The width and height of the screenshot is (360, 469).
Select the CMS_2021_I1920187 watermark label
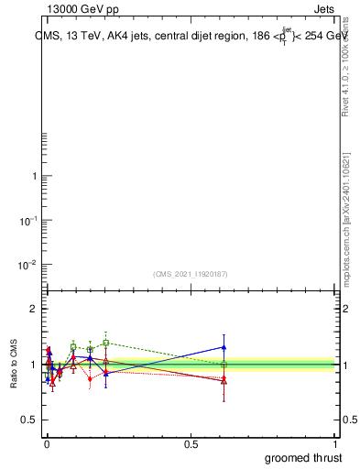(x=190, y=274)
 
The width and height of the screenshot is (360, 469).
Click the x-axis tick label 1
(x=337, y=444)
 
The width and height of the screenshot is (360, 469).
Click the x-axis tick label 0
(x=48, y=444)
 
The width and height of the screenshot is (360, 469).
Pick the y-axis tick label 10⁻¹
(x=29, y=221)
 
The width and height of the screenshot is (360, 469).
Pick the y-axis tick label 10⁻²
(x=29, y=265)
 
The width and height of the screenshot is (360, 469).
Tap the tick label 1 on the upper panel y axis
(x=34, y=177)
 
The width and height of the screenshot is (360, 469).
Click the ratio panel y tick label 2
(x=34, y=309)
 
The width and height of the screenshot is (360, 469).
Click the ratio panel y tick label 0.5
(x=29, y=420)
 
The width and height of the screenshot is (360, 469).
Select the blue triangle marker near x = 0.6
(x=224, y=347)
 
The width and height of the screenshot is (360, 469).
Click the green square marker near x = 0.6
(x=224, y=365)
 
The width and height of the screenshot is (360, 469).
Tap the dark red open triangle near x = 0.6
(x=224, y=381)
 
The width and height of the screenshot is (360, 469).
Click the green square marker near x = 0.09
(x=73, y=347)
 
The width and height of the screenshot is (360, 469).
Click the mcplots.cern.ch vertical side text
(x=345, y=220)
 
